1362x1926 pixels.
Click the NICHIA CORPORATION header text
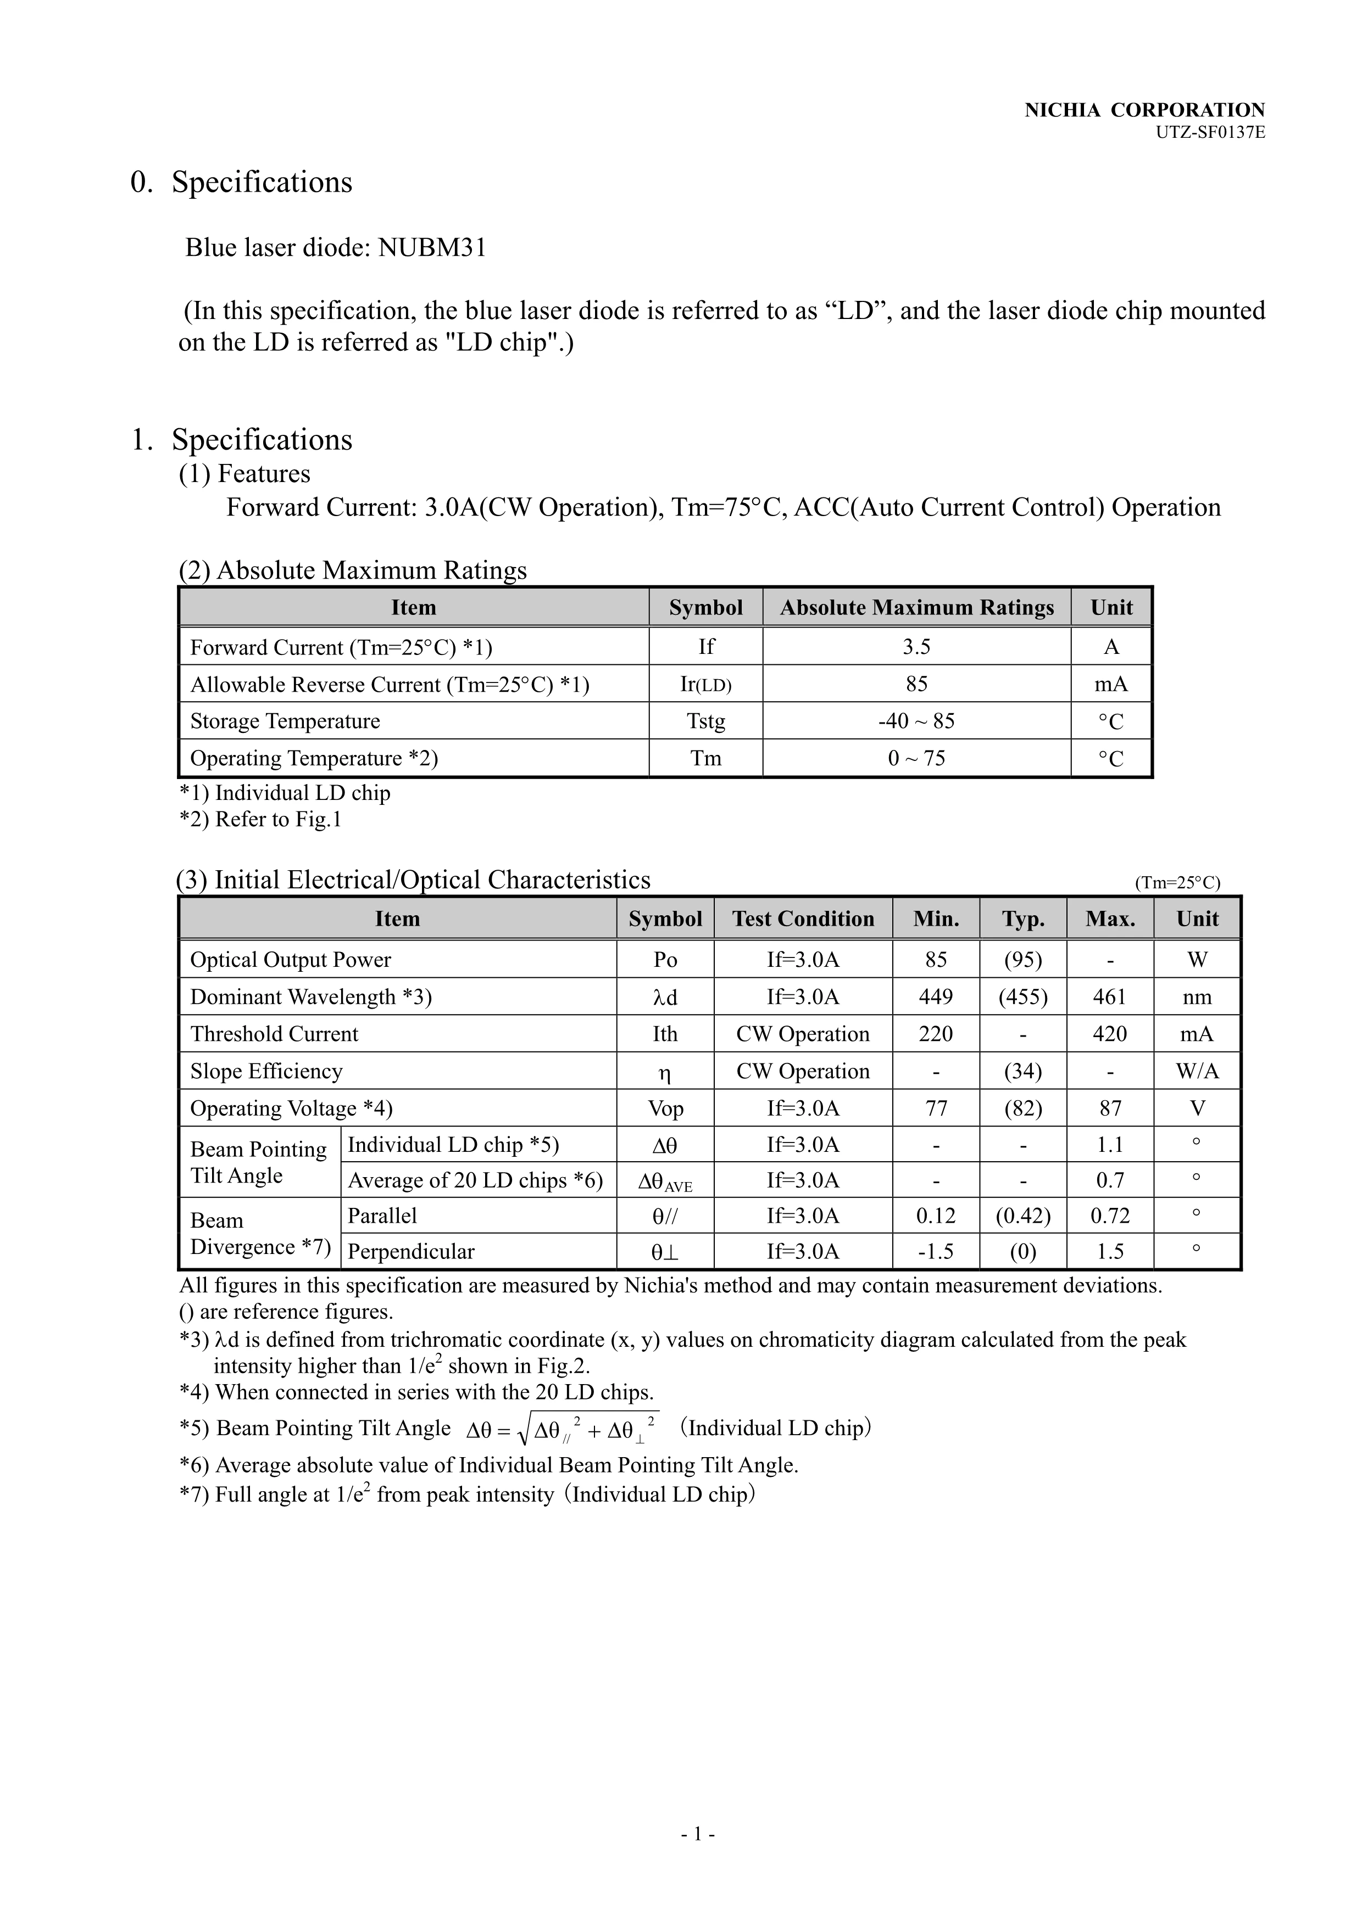click(1144, 110)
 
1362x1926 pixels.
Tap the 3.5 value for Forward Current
click(916, 647)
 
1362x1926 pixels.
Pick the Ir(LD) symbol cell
click(706, 685)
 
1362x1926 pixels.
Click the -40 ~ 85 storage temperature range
click(916, 721)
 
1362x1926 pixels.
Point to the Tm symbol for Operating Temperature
click(706, 758)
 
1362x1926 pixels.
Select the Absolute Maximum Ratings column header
click(916, 607)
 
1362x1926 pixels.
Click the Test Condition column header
click(803, 919)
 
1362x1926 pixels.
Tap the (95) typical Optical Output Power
click(1023, 960)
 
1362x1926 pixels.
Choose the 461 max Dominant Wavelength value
click(1110, 996)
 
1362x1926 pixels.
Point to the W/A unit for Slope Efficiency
click(1198, 1071)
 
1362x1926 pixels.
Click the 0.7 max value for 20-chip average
click(1110, 1180)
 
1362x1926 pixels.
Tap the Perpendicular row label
click(411, 1252)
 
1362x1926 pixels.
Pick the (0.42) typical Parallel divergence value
click(1023, 1216)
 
